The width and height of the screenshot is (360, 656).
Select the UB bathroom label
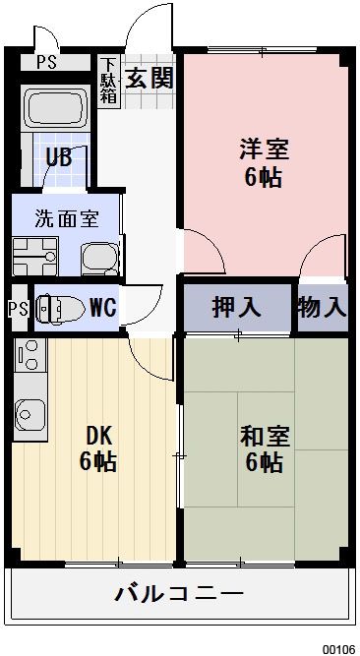[x=57, y=158]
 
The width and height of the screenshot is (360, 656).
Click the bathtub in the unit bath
[x=55, y=112]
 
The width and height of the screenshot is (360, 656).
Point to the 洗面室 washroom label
[x=66, y=218]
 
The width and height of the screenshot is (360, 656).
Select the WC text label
[x=102, y=308]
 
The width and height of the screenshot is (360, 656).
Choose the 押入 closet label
[x=236, y=308]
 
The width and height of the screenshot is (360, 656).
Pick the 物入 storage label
[x=323, y=308]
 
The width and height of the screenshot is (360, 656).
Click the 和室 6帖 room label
[x=264, y=448]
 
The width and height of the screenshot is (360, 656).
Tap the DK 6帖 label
[x=97, y=448]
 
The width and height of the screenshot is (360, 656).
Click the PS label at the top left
[x=46, y=61]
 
